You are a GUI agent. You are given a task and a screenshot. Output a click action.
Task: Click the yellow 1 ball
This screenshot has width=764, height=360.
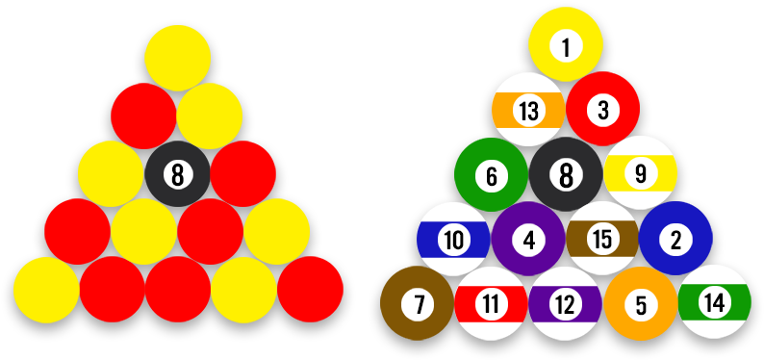pos(566,44)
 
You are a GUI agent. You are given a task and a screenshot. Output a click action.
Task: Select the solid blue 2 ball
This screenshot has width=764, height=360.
pos(675,238)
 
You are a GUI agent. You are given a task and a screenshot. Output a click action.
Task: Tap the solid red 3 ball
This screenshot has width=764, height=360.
pos(602,109)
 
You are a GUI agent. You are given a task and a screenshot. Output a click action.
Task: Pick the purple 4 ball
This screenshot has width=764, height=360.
pos(528,239)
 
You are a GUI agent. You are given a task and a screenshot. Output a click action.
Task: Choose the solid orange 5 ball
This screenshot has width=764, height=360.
pos(641,303)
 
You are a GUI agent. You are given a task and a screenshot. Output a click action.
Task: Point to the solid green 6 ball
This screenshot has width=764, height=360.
pos(492,174)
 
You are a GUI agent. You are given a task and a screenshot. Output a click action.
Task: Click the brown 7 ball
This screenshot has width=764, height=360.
pos(417,303)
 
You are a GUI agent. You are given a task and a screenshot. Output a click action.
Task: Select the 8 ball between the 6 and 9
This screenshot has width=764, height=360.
pos(566,174)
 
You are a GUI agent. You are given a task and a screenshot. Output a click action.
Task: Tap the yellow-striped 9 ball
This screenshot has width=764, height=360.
pos(640,173)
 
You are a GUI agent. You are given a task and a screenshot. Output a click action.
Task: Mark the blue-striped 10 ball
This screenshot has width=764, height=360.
pos(454,239)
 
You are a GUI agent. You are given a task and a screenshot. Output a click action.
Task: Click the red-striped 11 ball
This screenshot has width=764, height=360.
pos(491,303)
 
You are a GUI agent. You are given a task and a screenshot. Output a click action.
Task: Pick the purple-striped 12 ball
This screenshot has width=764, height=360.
pos(566,303)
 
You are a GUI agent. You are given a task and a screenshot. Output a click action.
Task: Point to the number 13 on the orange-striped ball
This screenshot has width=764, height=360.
pos(528,111)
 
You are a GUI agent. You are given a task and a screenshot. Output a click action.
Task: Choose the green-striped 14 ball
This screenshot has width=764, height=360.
pos(715,302)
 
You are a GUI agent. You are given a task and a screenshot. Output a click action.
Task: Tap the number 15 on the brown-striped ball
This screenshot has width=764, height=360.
pos(602,239)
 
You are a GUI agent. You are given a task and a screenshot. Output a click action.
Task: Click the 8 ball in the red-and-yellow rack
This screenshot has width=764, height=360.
pos(177,174)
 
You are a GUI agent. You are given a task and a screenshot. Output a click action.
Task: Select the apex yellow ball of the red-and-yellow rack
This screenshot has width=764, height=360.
pos(177,58)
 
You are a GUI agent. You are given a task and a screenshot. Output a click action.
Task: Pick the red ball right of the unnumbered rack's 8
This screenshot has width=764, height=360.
pos(243,174)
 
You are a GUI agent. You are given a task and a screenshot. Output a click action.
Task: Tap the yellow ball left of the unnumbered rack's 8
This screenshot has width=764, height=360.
pos(111,174)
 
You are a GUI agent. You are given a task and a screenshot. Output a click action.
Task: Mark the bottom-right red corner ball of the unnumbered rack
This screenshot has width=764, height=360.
pos(311,290)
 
